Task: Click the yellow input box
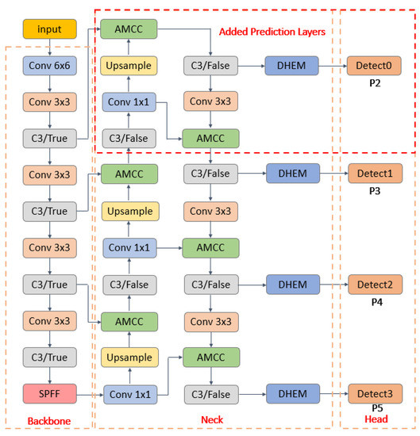pyautogui.click(x=51, y=29)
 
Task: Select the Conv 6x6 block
pyautogui.click(x=51, y=65)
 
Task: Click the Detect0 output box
pyautogui.click(x=374, y=65)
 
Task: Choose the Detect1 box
pyautogui.click(x=374, y=173)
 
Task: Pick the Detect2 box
pyautogui.click(x=374, y=284)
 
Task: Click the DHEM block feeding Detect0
pyautogui.click(x=292, y=65)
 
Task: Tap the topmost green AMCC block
pyautogui.click(x=128, y=29)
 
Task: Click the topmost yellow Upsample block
pyautogui.click(x=128, y=65)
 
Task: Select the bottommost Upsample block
pyautogui.click(x=128, y=356)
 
